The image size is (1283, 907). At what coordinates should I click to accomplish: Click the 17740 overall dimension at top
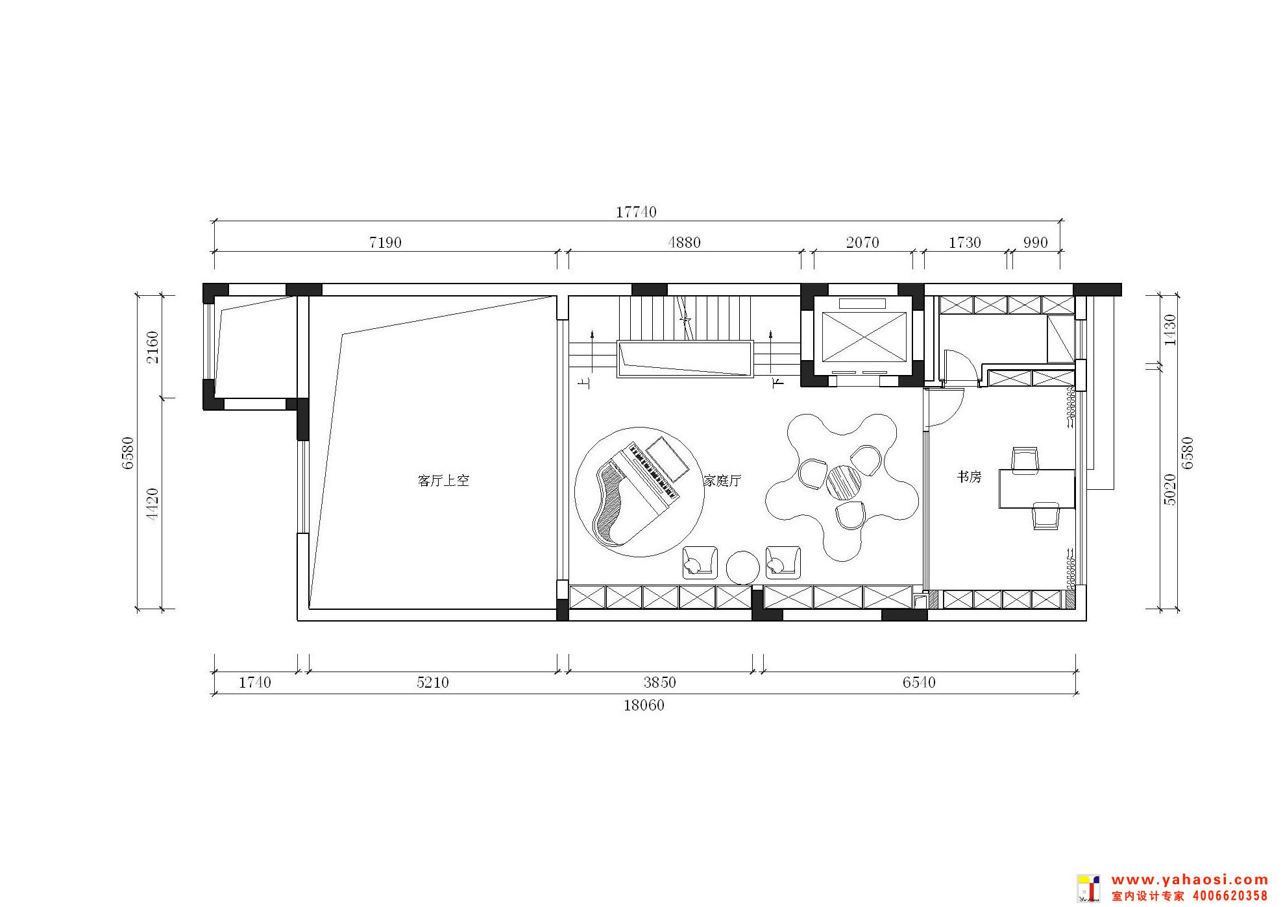point(636,212)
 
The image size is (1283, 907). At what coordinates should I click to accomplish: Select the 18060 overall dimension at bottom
point(644,705)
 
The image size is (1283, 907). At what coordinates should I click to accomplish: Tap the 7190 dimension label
point(385,243)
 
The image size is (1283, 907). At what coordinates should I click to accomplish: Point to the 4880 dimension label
point(684,243)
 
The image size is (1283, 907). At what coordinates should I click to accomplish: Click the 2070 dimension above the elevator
point(862,243)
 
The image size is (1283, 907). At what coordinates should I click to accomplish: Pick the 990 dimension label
point(1035,243)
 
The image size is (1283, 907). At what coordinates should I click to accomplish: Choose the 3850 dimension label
point(659,683)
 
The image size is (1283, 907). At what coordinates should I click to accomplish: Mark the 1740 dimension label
point(255,683)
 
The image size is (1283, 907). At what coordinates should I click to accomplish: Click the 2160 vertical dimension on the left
point(152,347)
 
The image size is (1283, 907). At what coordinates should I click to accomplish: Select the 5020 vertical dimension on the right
point(1170,490)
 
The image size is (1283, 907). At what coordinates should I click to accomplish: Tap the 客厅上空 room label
point(443,481)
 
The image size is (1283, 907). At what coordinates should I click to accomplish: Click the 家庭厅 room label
point(722,481)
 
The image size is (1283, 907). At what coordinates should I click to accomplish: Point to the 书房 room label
point(969,477)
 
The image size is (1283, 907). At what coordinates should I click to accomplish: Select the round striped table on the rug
point(844,481)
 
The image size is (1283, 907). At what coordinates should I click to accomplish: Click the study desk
point(1036,489)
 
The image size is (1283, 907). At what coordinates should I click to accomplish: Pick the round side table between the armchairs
point(742,568)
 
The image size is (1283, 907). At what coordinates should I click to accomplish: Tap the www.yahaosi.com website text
point(1190,880)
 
